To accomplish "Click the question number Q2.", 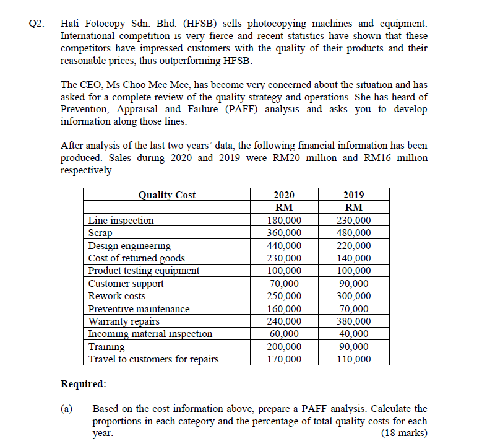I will [37, 24].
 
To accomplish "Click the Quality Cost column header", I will [166, 195].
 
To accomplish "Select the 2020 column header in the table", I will [283, 195].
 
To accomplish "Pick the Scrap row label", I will [100, 233].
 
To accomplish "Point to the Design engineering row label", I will [129, 246].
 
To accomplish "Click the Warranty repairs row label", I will [124, 321].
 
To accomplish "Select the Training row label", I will [106, 347].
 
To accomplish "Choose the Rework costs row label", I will [117, 296].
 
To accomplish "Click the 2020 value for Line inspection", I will [284, 221].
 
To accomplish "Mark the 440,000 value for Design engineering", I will [284, 246].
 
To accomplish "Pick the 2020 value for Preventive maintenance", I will [284, 308].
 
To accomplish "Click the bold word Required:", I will [83, 384].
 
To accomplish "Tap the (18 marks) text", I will [405, 433].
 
